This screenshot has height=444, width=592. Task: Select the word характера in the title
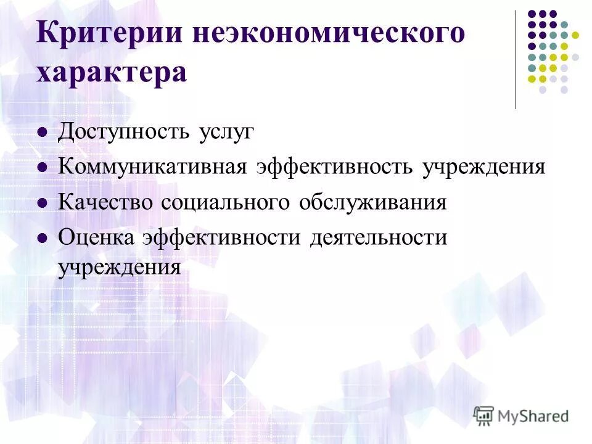point(111,73)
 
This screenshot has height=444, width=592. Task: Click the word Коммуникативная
point(153,167)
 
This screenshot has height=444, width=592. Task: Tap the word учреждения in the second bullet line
point(484,167)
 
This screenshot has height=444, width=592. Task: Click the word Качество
point(105,202)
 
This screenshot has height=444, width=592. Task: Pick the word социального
point(228,202)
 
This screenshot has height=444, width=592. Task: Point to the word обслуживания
point(372,202)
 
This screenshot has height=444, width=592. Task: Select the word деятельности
point(378,237)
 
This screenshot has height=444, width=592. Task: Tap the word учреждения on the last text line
point(120,268)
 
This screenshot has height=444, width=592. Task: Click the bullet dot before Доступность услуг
point(43,133)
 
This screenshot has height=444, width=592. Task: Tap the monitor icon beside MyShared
point(484,414)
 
